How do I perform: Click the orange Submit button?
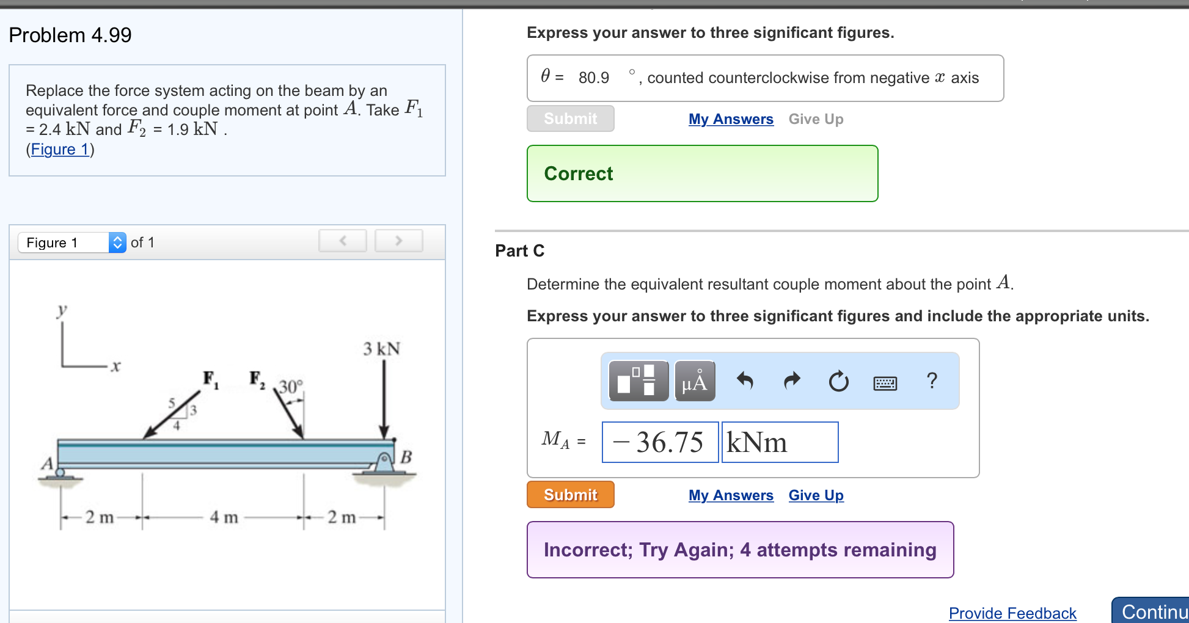click(x=570, y=495)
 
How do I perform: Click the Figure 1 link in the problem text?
click(x=60, y=149)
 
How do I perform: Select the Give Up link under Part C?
click(x=816, y=495)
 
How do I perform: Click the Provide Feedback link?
click(x=1012, y=613)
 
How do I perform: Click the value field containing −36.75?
click(x=660, y=442)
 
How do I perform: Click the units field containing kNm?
click(x=780, y=442)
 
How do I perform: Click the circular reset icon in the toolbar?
click(x=838, y=381)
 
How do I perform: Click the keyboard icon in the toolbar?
click(x=885, y=383)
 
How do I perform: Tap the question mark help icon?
click(x=932, y=381)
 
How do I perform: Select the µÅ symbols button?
click(x=695, y=381)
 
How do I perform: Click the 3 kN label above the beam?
click(x=381, y=349)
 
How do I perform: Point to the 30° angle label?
click(x=291, y=387)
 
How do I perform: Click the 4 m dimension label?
click(x=224, y=517)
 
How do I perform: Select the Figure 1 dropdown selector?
click(x=72, y=242)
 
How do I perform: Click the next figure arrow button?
click(x=398, y=241)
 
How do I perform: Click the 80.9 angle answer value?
click(x=593, y=78)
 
